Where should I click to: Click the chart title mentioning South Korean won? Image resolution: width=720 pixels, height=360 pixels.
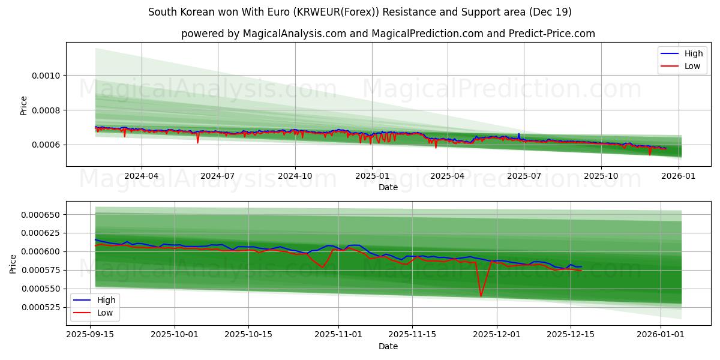coord(360,12)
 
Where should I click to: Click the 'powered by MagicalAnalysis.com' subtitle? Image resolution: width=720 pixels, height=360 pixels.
coord(388,34)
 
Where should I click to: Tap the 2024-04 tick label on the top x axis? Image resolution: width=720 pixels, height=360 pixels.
coord(142,176)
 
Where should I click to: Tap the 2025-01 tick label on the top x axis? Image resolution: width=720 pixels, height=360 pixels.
coord(372,176)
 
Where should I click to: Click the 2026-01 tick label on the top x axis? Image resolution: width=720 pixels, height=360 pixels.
coord(679,176)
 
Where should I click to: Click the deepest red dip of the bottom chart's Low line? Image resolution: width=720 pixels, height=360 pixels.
coord(481,296)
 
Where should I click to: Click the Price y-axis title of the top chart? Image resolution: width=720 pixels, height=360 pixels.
coord(24,105)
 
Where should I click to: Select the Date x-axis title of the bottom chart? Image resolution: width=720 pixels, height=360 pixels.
coord(388,346)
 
